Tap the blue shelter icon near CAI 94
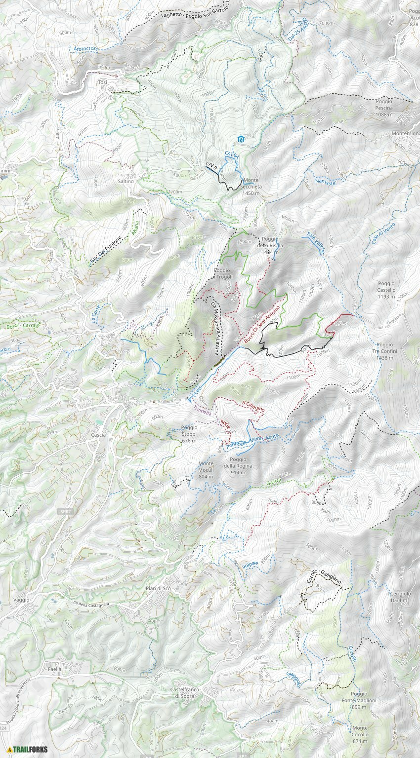pos(241,139)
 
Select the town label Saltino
pos(126,181)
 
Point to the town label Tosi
pos(102,82)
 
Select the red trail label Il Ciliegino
pos(253,406)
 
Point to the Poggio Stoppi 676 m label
pos(189,431)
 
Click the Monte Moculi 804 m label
pos(206,470)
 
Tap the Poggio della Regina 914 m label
pos(238,466)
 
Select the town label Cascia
pos(98,435)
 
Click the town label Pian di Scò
pos(158,589)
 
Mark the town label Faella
pos(55,669)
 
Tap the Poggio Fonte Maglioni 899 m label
pos(359,700)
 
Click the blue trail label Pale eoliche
pos(316,242)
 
